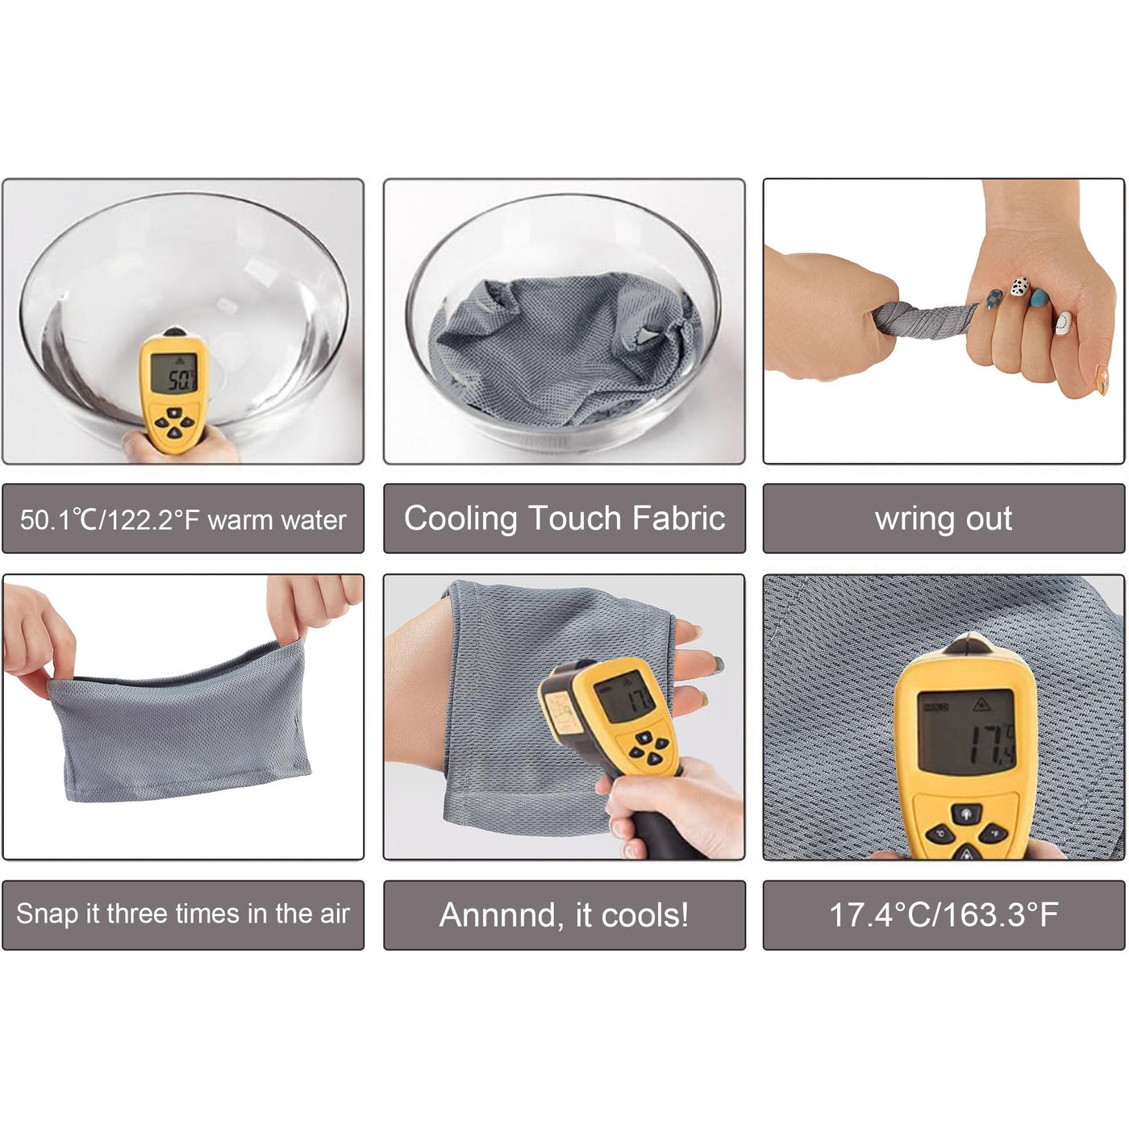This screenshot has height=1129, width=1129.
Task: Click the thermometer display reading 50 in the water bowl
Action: pos(174,373)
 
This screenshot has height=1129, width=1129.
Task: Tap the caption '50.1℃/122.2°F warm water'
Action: pos(183,519)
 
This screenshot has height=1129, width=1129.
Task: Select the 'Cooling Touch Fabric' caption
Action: pos(564,519)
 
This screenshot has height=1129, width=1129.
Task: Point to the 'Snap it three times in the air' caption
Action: pos(183,914)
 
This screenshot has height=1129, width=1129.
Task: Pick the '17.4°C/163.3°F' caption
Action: pos(944,914)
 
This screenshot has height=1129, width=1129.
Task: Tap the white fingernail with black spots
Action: pos(1020,286)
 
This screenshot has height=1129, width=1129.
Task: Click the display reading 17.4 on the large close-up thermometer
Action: pos(965,731)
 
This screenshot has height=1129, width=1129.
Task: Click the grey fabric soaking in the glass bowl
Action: pos(564,348)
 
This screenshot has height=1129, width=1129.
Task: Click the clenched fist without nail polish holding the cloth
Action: pos(829,315)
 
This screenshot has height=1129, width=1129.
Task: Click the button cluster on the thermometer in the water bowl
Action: pos(175,423)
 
